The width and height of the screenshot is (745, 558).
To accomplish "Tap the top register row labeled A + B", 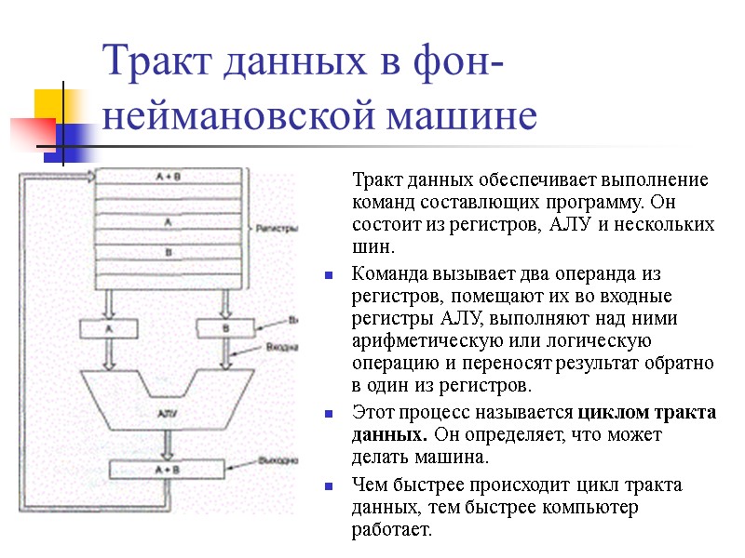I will [169, 175].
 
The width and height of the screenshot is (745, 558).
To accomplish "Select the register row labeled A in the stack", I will [169, 222].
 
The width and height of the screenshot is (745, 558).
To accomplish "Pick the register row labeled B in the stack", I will [169, 252].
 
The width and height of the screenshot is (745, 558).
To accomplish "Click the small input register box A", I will [110, 327].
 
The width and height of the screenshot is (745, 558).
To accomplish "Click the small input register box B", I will [224, 327].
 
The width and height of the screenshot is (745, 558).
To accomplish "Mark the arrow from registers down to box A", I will [110, 302].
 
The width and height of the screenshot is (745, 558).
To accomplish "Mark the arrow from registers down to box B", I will [224, 302].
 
